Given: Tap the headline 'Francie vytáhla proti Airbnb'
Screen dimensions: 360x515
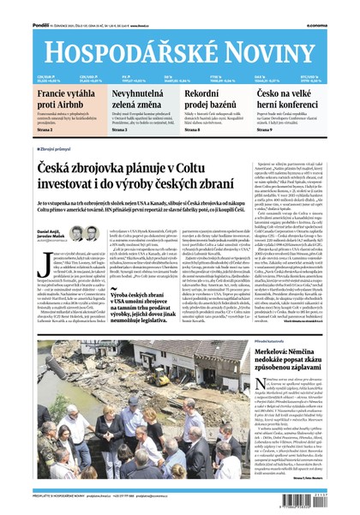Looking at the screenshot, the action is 66,99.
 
